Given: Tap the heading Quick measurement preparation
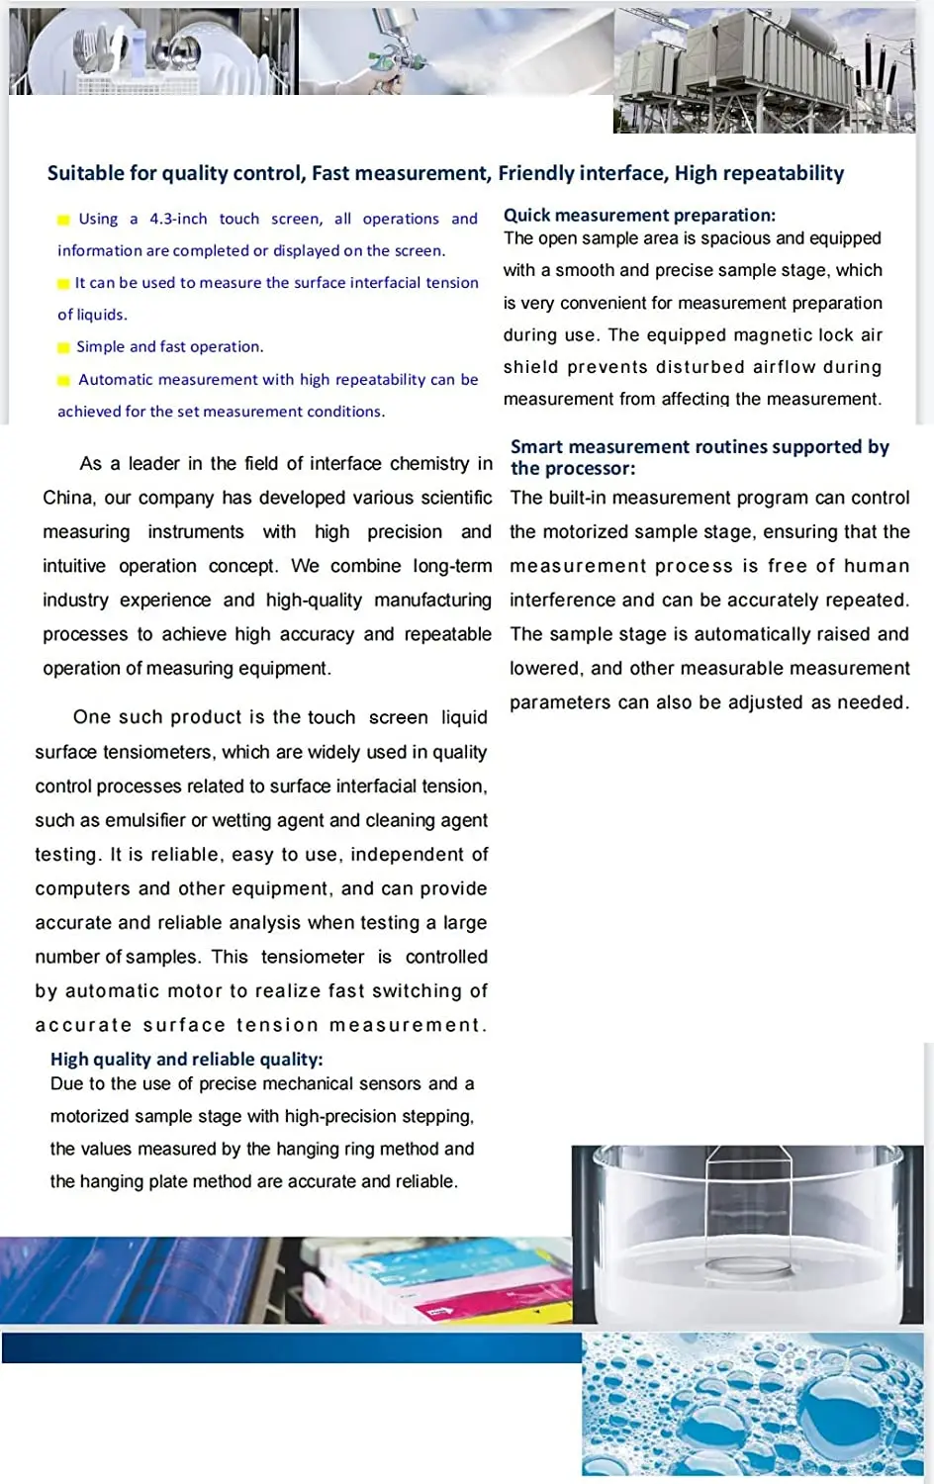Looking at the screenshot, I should point(639,215).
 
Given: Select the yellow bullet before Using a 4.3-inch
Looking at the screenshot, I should point(63,220).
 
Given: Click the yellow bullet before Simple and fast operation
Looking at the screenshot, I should point(63,347).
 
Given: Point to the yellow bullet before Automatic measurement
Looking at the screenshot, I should point(63,380).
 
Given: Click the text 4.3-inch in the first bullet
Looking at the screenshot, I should point(178,219).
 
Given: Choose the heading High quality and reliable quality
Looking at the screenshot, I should point(186,1059).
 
